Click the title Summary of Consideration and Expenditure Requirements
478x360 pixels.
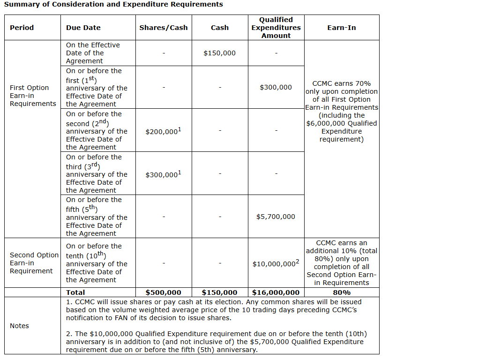point(113,5)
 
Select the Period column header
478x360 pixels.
point(22,28)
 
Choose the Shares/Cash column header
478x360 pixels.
point(164,28)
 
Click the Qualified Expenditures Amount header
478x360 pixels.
point(276,28)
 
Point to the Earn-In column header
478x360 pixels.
point(342,28)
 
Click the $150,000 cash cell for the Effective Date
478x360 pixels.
point(220,53)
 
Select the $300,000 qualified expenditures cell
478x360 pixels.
point(276,87)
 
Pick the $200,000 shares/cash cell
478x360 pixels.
point(164,132)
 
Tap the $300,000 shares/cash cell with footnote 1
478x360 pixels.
point(164,174)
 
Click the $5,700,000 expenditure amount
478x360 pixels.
point(276,217)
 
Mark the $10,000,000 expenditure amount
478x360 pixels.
point(276,264)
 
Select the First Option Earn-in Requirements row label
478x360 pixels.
point(32,96)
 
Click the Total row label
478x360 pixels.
point(75,292)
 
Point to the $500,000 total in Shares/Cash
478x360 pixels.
point(164,292)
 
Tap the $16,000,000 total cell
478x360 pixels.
point(276,292)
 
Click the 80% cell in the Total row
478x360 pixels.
point(342,292)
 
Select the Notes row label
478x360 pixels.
point(19,326)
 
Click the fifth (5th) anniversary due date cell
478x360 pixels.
point(97,217)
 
